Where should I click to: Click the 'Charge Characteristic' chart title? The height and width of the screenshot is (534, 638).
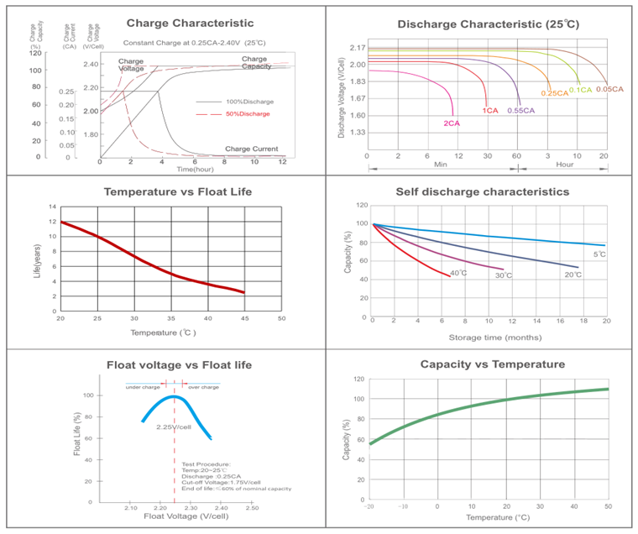[189, 24]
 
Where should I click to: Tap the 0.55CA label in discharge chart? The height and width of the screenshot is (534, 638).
[521, 111]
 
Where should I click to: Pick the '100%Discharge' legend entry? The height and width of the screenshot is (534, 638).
[249, 102]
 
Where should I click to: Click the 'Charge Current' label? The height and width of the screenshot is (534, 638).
[251, 149]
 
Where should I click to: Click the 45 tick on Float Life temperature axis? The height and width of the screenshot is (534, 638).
[244, 319]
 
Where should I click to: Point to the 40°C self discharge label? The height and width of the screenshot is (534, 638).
[458, 273]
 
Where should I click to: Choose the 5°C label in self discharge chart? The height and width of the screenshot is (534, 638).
[599, 254]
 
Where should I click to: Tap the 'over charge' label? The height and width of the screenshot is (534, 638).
[203, 386]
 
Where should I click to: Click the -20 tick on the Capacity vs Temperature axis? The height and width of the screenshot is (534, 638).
[369, 506]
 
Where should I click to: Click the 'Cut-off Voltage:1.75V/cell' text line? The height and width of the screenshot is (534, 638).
[221, 482]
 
